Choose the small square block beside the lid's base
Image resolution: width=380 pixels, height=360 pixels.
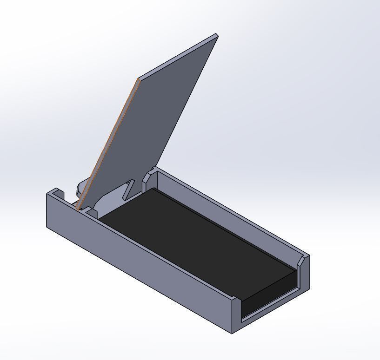92,213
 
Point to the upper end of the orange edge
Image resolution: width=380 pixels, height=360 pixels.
138,79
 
